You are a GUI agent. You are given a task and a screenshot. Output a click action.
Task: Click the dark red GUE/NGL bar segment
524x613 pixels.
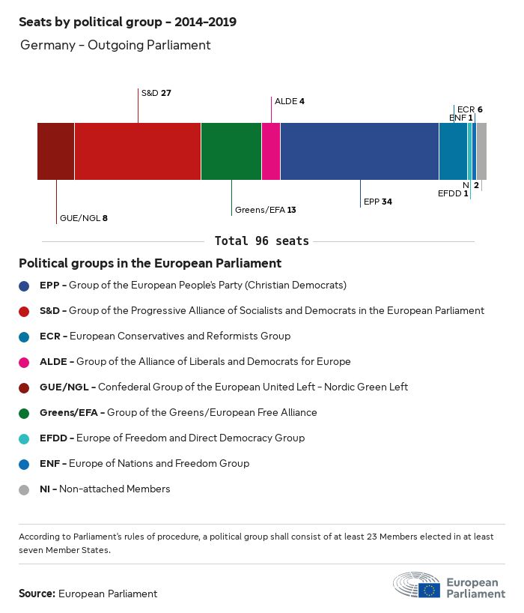coord(55,151)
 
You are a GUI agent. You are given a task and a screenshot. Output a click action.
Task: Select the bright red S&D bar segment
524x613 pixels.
coord(138,151)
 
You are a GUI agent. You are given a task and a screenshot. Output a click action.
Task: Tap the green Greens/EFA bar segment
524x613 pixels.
coord(231,151)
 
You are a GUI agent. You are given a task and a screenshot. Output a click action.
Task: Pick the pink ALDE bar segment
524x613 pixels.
coord(271,151)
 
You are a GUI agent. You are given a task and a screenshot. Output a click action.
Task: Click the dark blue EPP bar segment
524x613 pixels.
coord(359,151)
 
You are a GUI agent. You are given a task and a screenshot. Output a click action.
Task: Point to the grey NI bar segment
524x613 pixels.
coord(481,151)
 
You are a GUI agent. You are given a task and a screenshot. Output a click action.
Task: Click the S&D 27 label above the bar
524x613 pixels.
coord(156,93)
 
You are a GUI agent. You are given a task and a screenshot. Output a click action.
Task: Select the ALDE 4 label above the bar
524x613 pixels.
coord(290,100)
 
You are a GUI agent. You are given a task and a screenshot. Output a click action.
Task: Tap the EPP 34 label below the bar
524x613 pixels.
coord(378,202)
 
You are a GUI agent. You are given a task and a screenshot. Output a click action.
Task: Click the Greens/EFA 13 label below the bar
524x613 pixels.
coord(266,210)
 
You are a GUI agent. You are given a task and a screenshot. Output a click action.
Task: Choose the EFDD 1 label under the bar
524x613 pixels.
coord(454,193)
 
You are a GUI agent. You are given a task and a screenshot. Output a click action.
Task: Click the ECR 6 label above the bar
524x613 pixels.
coord(469,109)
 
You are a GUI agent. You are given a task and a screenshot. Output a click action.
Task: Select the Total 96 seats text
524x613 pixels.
coord(261,241)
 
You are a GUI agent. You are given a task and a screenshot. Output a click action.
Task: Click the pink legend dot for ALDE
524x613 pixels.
coord(25,362)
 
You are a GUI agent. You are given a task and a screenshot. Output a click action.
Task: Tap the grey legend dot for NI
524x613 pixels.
coord(25,489)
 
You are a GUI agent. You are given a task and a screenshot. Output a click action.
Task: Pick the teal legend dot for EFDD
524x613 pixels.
coord(25,438)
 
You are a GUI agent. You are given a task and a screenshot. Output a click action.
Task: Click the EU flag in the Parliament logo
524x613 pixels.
coord(430,590)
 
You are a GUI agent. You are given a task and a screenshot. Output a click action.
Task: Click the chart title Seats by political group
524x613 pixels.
coord(127,22)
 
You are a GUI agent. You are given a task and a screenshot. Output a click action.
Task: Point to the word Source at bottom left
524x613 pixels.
coord(37,594)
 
